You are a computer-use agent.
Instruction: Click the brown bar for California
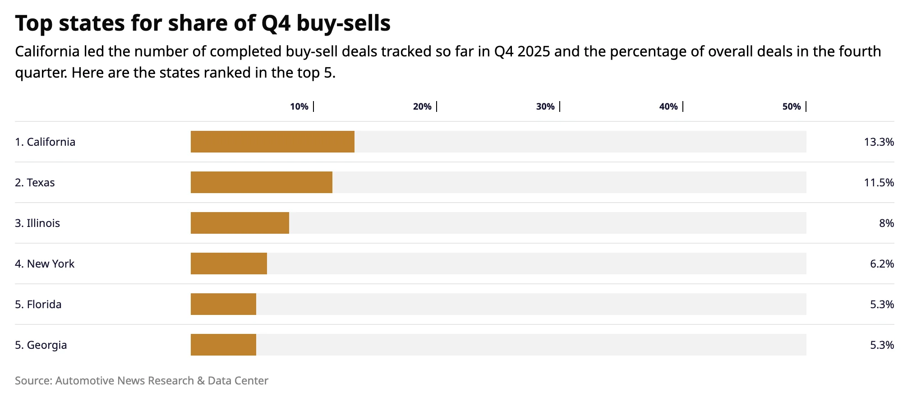(272, 142)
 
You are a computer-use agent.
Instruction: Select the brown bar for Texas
(262, 182)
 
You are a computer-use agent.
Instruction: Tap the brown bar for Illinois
(240, 223)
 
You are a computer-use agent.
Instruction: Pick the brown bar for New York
(229, 264)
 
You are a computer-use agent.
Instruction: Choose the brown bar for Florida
(223, 304)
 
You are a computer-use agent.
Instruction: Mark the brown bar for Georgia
(223, 345)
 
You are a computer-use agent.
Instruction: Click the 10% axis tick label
(299, 106)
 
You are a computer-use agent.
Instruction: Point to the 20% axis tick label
(422, 106)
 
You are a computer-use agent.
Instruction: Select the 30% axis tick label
(545, 106)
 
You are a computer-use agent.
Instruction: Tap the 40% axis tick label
(668, 106)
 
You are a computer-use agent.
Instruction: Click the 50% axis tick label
(792, 106)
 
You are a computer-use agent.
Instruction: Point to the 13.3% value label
(879, 142)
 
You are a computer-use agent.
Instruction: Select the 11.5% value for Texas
(879, 183)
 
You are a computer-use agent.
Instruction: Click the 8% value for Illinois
(886, 223)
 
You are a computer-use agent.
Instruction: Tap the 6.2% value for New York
(882, 264)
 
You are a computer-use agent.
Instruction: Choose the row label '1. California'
(45, 142)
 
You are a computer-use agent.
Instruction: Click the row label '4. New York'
(45, 264)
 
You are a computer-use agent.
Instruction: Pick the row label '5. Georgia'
(41, 345)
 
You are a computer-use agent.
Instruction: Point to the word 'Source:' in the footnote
(33, 381)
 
